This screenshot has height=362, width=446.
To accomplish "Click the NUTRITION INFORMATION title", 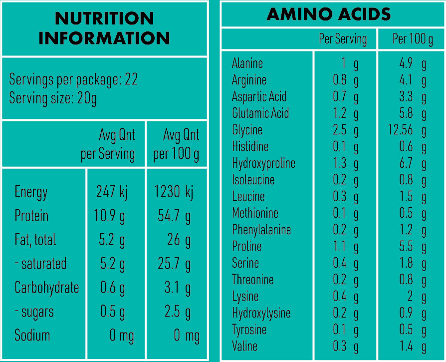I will [104, 28].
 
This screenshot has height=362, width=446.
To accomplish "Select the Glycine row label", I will [247, 130].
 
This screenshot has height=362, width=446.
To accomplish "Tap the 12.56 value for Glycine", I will [401, 130].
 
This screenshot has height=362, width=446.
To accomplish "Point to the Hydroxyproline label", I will [263, 163].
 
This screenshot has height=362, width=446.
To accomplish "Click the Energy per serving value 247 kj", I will [112, 192].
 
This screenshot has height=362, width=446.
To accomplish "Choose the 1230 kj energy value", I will [174, 192].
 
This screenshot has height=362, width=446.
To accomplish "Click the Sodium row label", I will [32, 335].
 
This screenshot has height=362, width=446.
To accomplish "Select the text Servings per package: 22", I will [73, 80].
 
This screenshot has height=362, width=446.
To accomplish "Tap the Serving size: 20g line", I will [53, 98].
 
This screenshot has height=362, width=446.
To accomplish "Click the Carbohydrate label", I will [47, 288].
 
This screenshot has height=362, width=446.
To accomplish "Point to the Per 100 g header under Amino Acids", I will [413, 39].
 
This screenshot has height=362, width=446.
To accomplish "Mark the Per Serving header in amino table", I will [343, 39].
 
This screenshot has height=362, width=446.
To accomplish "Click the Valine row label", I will [244, 346].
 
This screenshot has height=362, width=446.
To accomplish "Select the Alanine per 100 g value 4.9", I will [406, 63].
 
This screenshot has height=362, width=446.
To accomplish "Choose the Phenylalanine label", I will [261, 230].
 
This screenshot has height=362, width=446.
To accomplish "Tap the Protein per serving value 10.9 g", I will [109, 216].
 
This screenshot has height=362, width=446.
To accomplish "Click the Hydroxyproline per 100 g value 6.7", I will [406, 163].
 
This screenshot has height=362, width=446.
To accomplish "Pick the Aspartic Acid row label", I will [259, 96].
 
